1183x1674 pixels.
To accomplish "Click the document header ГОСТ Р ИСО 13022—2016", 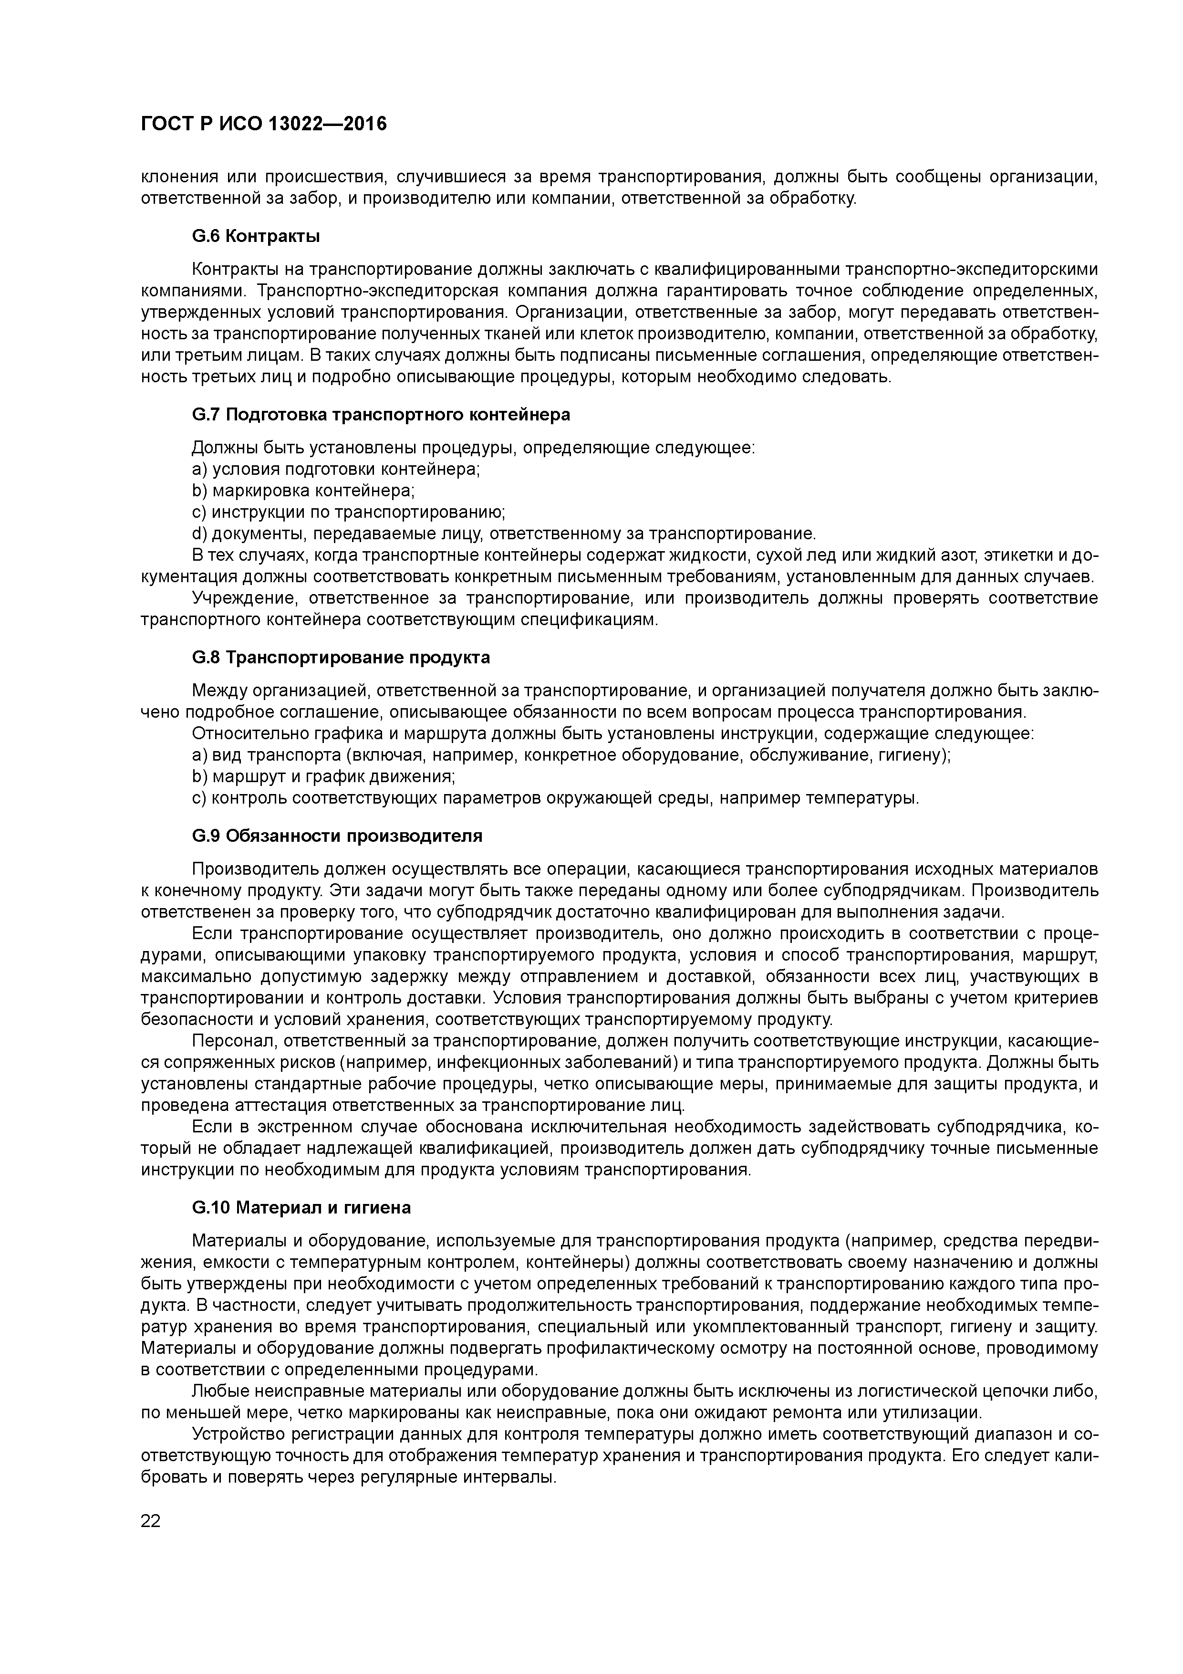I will tap(263, 125).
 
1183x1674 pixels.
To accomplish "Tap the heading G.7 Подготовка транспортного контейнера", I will tap(381, 415).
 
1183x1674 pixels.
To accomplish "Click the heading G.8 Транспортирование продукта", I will tap(341, 658).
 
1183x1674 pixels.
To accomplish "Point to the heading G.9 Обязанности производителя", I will tap(337, 836).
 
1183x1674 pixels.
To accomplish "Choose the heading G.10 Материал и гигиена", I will tap(301, 1208).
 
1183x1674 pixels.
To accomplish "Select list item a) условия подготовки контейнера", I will tap(335, 469).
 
